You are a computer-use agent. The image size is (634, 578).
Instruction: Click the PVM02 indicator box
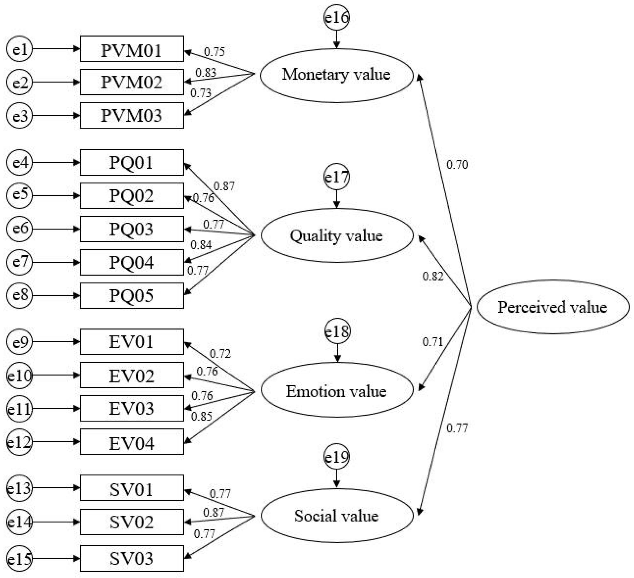[x=132, y=82]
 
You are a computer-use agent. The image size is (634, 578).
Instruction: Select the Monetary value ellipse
[x=336, y=75]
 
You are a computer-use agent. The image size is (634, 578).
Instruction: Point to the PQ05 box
[x=132, y=296]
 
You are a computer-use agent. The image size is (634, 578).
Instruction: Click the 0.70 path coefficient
[x=457, y=164]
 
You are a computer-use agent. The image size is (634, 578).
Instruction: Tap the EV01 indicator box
[x=132, y=342]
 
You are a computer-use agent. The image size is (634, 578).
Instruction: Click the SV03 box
[x=132, y=558]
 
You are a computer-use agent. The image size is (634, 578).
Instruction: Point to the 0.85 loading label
[x=202, y=417]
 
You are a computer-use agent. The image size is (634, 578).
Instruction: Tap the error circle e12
[x=20, y=442]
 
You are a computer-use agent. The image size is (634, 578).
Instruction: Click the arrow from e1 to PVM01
[x=56, y=49]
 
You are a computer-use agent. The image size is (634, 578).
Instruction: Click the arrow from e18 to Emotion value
[x=337, y=353]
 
